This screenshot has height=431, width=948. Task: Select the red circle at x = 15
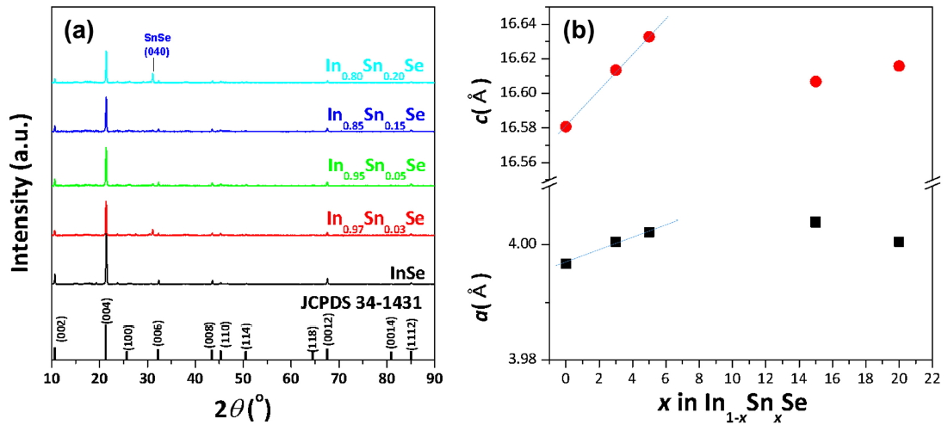(815, 82)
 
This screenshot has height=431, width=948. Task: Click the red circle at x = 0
(566, 126)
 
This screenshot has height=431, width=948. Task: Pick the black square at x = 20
(899, 242)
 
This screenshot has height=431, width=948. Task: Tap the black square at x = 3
(616, 242)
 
